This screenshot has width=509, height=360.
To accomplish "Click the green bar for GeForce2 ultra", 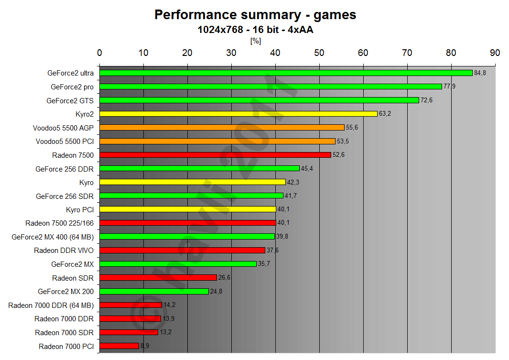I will pyautogui.click(x=286, y=73).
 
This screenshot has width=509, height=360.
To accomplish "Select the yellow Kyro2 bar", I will pyautogui.click(x=238, y=114).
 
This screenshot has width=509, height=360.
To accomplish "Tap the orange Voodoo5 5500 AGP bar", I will pyautogui.click(x=222, y=128).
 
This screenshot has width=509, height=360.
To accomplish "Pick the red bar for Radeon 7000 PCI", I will pyautogui.click(x=119, y=346).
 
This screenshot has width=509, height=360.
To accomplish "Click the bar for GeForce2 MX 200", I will pyautogui.click(x=154, y=291).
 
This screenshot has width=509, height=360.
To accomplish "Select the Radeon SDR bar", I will pyautogui.click(x=158, y=278).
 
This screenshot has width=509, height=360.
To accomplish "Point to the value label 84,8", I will pyautogui.click(x=480, y=73).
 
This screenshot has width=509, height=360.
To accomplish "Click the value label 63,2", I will pyautogui.click(x=385, y=114).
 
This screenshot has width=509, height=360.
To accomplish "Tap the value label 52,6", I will pyautogui.click(x=338, y=155).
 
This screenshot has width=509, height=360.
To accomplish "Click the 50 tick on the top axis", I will pyautogui.click(x=319, y=53).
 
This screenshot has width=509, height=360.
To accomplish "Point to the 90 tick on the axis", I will pyautogui.click(x=495, y=53).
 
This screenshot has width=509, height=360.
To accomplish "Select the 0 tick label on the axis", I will pyautogui.click(x=99, y=53).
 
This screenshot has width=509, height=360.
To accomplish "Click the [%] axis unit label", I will pyautogui.click(x=255, y=41).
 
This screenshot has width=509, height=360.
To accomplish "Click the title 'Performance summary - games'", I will pyautogui.click(x=255, y=15).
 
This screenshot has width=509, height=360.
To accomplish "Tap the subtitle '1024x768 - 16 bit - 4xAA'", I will pyautogui.click(x=255, y=30).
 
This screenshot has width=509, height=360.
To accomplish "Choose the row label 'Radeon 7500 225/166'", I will pyautogui.click(x=59, y=223).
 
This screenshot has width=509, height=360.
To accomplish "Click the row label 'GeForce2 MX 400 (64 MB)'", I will pyautogui.click(x=53, y=237).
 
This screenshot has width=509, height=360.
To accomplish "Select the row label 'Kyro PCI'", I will pyautogui.click(x=80, y=209).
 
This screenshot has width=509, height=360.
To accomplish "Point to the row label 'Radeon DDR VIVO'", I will pyautogui.click(x=64, y=251).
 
